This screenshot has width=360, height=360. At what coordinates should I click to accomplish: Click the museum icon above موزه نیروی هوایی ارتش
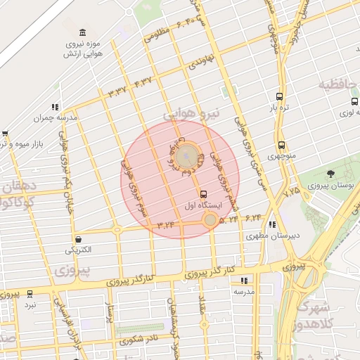[84, 33]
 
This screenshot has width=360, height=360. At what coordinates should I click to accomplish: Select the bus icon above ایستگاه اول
[204, 194]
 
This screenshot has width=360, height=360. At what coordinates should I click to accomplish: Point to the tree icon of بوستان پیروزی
[331, 173]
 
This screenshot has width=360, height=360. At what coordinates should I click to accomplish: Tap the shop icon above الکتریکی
[77, 239]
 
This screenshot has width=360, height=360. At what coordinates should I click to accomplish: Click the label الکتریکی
[77, 250]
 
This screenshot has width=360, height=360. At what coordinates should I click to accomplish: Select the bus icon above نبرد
[30, 294]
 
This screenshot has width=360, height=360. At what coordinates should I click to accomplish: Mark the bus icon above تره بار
[280, 97]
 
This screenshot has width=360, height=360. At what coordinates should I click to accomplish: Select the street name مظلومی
[157, 32]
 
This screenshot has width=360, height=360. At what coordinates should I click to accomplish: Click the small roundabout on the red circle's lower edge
[210, 220]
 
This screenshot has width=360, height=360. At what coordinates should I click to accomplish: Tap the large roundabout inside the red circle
[186, 154]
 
